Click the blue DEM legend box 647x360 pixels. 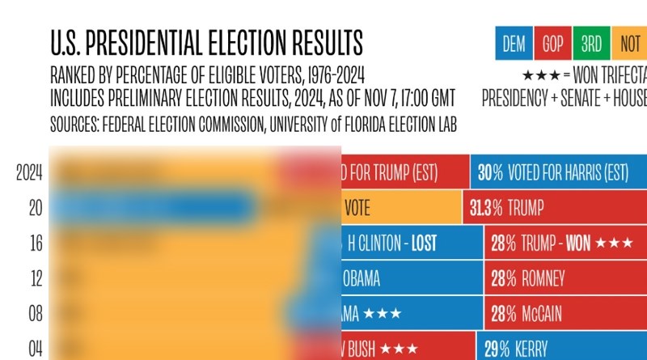[x=514, y=44]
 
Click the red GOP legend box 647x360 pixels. [x=552, y=44]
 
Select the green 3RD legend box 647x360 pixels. [x=591, y=44]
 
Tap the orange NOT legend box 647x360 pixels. [x=630, y=44]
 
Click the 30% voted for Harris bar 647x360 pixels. [x=558, y=173]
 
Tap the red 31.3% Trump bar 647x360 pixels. [x=555, y=208]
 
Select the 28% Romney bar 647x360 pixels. [x=565, y=278]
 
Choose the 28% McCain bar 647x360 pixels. [x=565, y=313]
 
